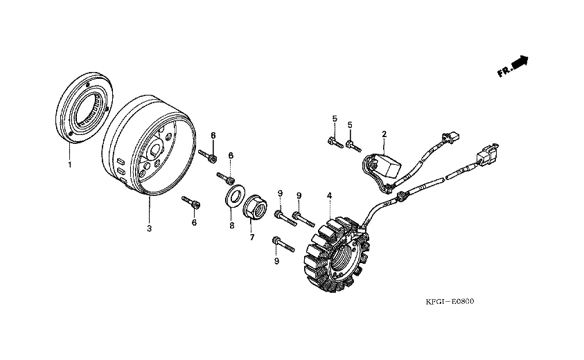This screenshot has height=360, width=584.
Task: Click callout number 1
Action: pyautogui.click(x=69, y=165)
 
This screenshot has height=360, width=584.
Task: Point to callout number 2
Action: pyautogui.click(x=384, y=133)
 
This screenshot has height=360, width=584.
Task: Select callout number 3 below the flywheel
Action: pyautogui.click(x=148, y=227)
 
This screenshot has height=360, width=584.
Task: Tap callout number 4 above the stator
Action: pyautogui.click(x=330, y=196)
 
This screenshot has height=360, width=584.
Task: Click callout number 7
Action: pyautogui.click(x=252, y=237)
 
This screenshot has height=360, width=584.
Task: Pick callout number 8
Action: pyautogui.click(x=231, y=225)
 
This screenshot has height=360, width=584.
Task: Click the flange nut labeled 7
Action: pyautogui.click(x=252, y=206)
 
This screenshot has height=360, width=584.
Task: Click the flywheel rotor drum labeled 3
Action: pyautogui.click(x=136, y=148)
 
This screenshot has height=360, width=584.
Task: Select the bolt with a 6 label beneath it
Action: pyautogui.click(x=192, y=202)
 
